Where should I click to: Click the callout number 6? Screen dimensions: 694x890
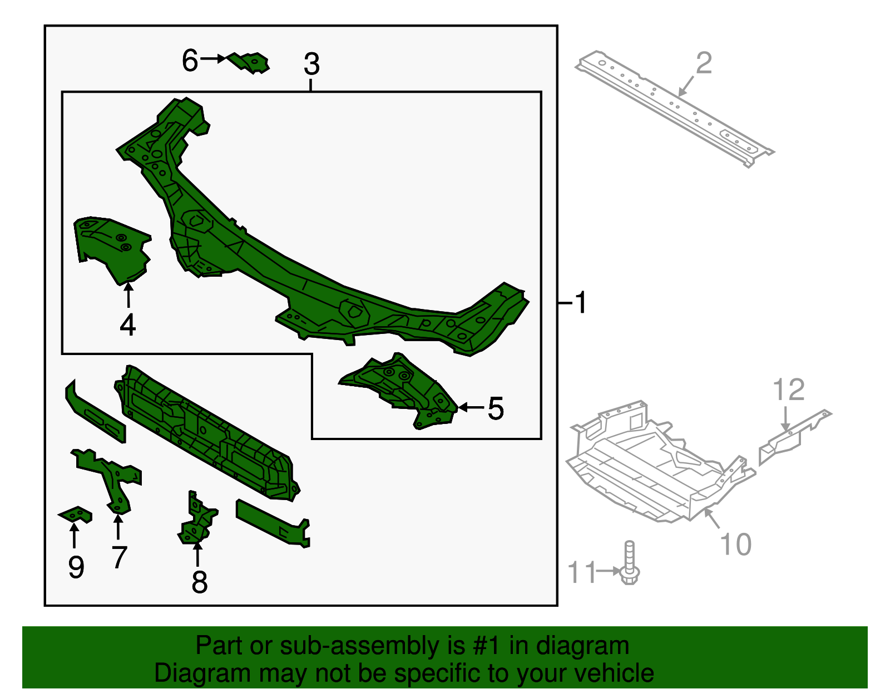pyautogui.click(x=190, y=60)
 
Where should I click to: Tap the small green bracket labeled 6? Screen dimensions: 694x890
pyautogui.click(x=250, y=62)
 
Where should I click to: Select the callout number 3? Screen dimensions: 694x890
pyautogui.click(x=311, y=64)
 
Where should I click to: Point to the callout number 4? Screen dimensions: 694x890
pyautogui.click(x=128, y=324)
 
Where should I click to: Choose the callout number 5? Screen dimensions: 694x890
pyautogui.click(x=496, y=408)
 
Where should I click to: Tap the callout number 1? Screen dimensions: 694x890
pyautogui.click(x=580, y=303)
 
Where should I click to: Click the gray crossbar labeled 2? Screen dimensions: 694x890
pyautogui.click(x=674, y=108)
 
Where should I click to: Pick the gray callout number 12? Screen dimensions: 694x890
pyautogui.click(x=788, y=390)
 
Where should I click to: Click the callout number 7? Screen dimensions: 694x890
pyautogui.click(x=119, y=557)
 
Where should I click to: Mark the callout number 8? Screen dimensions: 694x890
pyautogui.click(x=199, y=582)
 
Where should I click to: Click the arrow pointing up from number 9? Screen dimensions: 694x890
pyautogui.click(x=74, y=536)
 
